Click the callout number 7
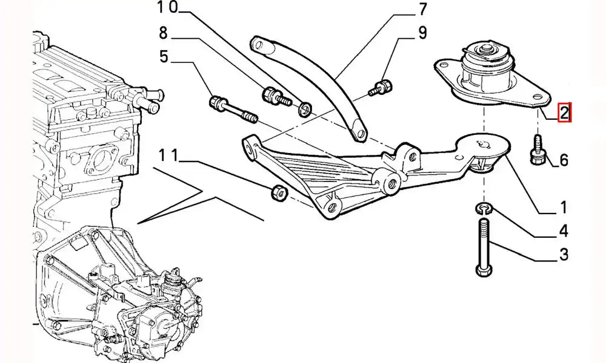[422, 10]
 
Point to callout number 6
[564, 160]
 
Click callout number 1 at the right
[562, 209]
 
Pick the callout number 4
[564, 231]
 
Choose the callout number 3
[564, 255]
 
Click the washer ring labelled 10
[306, 110]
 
